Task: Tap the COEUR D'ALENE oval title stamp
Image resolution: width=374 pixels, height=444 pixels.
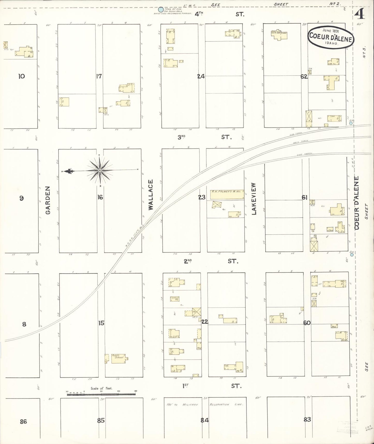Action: click(x=331, y=37)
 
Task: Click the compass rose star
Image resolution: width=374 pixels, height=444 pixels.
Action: click(x=100, y=170)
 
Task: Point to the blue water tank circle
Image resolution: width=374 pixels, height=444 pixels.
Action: click(x=161, y=10)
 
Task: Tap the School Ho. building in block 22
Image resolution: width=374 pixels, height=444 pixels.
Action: click(x=175, y=299)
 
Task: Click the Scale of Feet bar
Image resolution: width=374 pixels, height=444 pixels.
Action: click(x=101, y=394)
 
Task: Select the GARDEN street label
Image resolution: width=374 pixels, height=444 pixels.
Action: click(x=48, y=200)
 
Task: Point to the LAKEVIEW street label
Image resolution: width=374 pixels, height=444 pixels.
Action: click(x=254, y=199)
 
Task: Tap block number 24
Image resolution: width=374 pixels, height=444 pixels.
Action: click(x=201, y=76)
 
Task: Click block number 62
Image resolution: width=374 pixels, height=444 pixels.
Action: click(x=304, y=77)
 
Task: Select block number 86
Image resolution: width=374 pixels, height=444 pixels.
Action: click(x=23, y=422)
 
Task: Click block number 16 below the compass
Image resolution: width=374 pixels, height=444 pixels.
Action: click(x=100, y=197)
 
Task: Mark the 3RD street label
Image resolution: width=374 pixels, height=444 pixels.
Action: click(x=181, y=137)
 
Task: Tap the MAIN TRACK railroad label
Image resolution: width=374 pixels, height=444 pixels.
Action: click(x=300, y=141)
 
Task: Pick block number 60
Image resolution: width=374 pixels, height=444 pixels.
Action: click(x=307, y=323)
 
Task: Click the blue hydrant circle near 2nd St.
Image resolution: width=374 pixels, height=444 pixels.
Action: click(x=352, y=255)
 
